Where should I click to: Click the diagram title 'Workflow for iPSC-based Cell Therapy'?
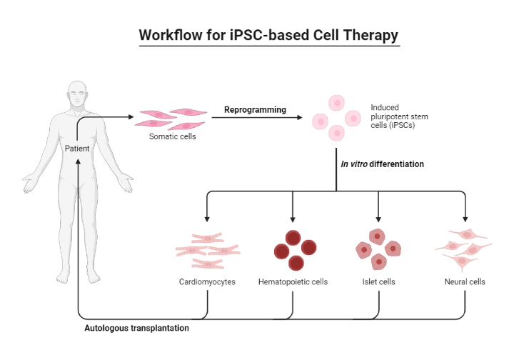(x=268, y=35)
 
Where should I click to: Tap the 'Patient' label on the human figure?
(x=77, y=149)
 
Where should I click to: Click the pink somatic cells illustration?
(x=171, y=117)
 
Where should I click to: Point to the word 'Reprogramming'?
(x=255, y=110)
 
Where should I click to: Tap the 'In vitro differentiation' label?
(x=383, y=164)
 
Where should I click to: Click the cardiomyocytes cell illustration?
(x=207, y=250)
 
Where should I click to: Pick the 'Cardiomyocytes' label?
(x=207, y=282)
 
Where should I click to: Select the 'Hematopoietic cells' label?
(x=293, y=282)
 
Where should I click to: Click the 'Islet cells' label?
(x=378, y=282)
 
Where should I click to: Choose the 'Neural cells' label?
(x=464, y=282)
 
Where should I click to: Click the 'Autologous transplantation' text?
(x=137, y=329)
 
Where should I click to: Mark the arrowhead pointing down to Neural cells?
(x=465, y=217)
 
